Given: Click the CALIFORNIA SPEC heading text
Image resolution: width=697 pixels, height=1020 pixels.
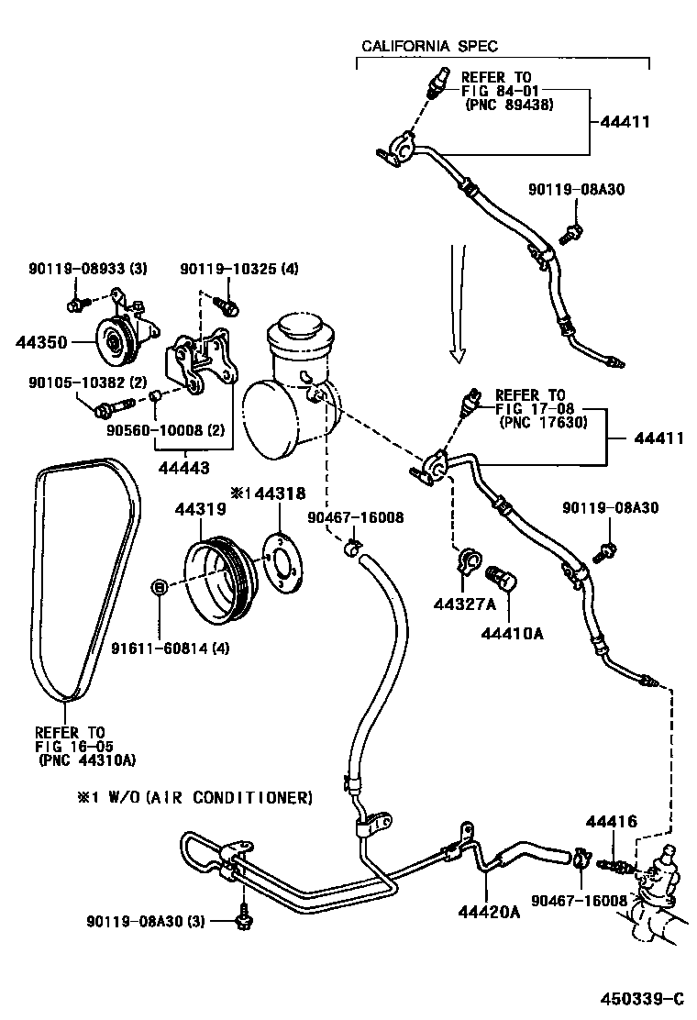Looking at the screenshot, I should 429,46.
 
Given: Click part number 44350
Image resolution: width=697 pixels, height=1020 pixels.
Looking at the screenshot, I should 42,341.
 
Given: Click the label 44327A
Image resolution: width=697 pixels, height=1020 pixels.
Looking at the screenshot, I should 464,603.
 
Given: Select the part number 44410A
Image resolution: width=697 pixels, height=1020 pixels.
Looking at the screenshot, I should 508,632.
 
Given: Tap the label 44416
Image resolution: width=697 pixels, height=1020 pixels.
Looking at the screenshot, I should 612,823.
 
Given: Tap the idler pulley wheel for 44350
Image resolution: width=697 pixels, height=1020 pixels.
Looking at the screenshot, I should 114,344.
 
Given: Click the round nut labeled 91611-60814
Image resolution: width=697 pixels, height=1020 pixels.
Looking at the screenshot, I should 159,586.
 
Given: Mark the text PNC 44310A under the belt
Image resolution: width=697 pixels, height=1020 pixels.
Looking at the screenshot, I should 87,759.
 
